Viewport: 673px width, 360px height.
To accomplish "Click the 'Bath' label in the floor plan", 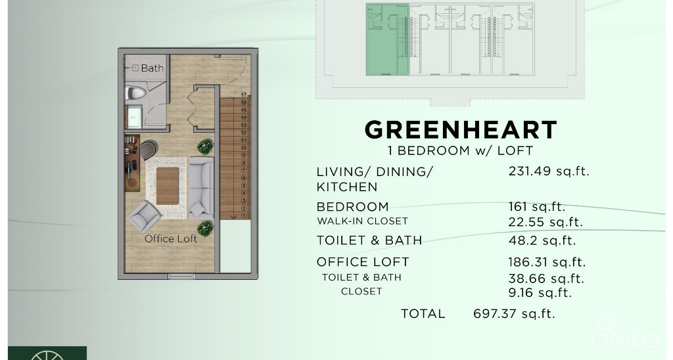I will point(152,68).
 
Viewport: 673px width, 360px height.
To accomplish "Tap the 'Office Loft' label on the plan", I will point(171,238).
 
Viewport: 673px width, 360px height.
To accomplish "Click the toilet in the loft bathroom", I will point(136,93).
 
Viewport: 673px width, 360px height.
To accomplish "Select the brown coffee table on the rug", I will point(168,186).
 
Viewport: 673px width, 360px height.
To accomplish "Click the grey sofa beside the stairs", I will point(200,188).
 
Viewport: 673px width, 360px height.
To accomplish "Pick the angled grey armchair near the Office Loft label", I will point(145,216).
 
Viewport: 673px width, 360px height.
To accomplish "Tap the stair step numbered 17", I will point(243,95).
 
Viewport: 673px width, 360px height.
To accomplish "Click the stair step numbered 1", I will point(243,215).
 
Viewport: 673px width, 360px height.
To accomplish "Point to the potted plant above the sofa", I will point(205,146).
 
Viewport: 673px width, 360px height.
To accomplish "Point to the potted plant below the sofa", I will point(205,228).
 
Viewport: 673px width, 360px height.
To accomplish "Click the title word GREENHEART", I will point(461,129).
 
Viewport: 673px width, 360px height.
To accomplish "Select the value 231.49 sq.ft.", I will point(549,171).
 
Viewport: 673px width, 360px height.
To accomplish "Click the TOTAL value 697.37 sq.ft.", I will point(514,313).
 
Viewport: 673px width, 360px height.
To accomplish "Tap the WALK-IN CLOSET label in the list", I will point(362,221).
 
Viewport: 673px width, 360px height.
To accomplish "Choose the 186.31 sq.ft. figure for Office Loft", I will point(546,262).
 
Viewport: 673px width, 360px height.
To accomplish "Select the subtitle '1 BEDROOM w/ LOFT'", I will point(460,150).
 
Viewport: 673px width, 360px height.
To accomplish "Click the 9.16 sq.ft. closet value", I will point(540,293).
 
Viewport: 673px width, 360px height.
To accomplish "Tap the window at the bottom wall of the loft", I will point(181,277).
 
